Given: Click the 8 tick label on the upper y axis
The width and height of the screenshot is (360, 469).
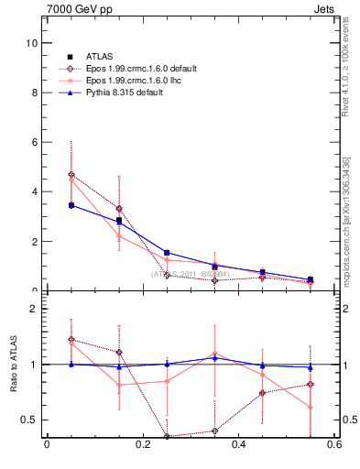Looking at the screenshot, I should [34, 93].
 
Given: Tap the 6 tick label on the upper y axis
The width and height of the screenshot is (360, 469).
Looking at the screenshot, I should [34, 142].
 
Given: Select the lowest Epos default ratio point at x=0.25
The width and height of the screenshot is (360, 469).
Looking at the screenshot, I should [167, 436].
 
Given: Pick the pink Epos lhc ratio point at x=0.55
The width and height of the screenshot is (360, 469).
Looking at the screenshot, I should [311, 407].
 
